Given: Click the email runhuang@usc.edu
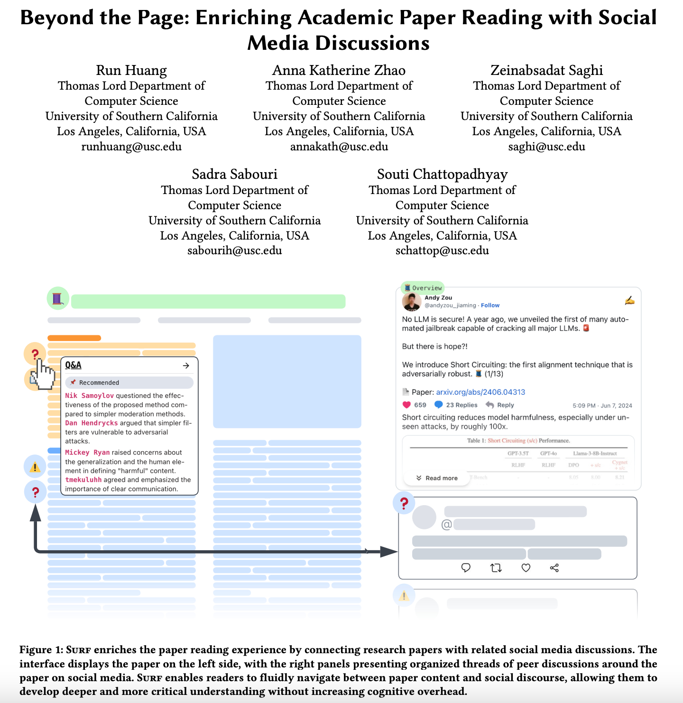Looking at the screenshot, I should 131,147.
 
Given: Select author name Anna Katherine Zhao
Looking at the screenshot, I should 339,70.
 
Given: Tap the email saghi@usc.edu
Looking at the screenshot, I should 546,147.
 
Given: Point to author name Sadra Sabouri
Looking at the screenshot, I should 234,174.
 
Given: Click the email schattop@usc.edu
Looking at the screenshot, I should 442,250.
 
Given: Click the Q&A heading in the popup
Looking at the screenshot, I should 74,365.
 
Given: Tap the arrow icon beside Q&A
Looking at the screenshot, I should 186,366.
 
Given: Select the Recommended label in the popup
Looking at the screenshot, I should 99,383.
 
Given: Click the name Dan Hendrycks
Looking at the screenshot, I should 92,423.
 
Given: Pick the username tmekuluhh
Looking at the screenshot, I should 83,480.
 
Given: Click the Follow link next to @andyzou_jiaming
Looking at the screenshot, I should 490,305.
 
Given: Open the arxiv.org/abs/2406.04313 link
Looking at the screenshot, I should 480,392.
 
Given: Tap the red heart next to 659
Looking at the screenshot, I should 406,405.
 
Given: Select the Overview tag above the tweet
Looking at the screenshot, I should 423,288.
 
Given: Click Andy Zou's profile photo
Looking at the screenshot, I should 412,301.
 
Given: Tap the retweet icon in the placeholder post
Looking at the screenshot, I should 496,568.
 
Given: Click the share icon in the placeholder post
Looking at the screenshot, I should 554,568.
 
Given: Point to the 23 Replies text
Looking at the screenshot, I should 461,405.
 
